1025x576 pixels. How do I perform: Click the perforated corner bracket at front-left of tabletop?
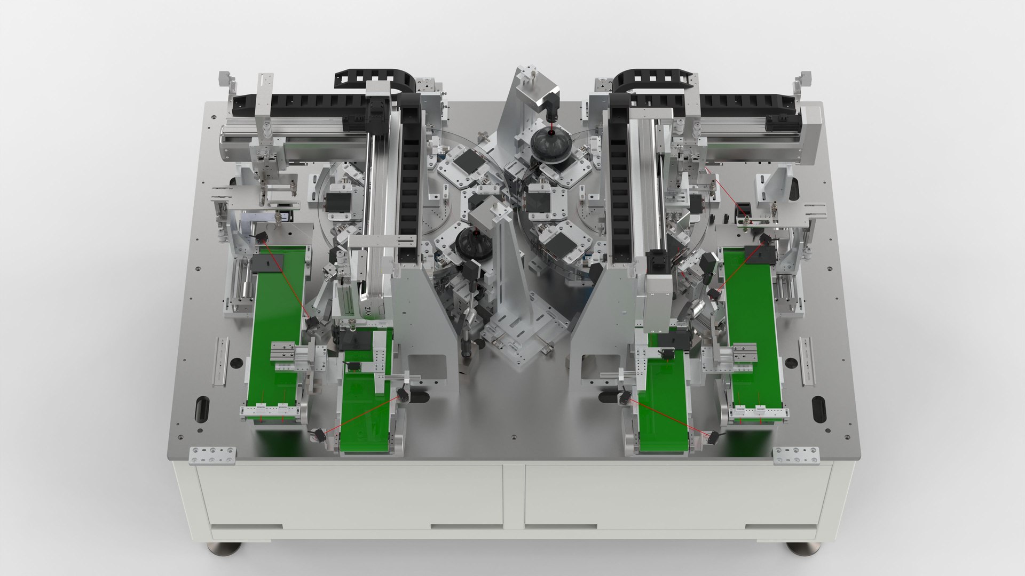click(212, 454)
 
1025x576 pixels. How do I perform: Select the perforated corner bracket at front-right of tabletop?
click(795, 455)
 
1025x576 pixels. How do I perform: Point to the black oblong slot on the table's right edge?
click(817, 409)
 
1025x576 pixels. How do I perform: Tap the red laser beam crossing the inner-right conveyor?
click(667, 415)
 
